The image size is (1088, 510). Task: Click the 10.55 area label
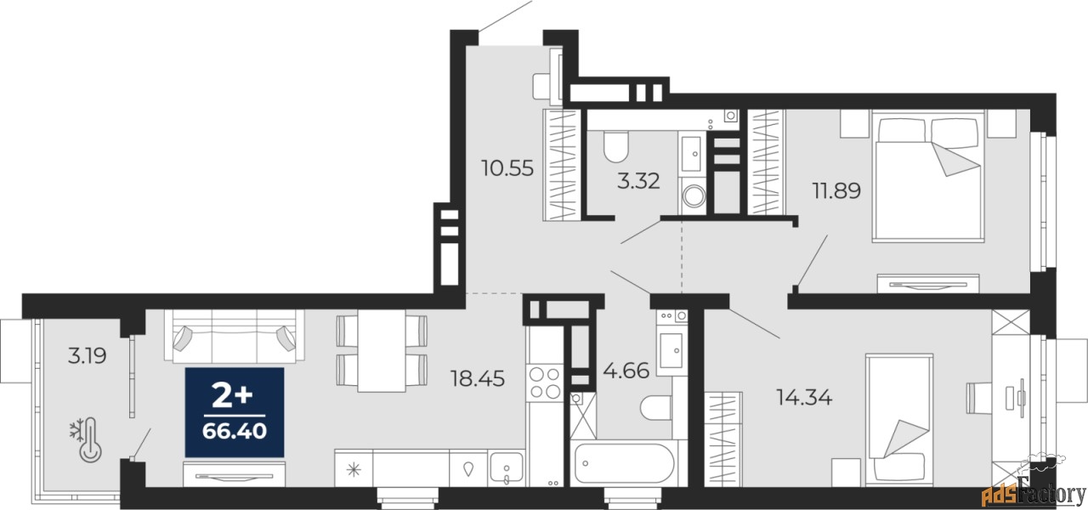point(507,168)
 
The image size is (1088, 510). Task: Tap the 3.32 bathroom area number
point(638,181)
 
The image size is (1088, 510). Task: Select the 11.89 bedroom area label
point(837,190)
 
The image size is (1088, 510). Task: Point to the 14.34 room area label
point(804,398)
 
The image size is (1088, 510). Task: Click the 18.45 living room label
point(478,378)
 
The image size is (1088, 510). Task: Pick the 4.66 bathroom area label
point(626,371)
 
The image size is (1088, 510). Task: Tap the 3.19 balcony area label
point(87,356)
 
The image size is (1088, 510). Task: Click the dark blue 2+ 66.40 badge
point(235,412)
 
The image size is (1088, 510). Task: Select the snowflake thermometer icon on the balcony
point(86,439)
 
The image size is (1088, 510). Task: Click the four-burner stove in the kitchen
point(545,382)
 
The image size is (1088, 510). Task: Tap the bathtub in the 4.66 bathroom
point(624,463)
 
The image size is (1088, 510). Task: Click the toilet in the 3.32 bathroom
point(616,147)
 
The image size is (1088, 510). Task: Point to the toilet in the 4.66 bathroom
point(655,408)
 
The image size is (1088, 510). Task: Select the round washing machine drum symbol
point(694,196)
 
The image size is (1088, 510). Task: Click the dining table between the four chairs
point(382,351)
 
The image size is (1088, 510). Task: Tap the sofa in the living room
point(234,336)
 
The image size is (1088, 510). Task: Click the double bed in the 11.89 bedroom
point(928,176)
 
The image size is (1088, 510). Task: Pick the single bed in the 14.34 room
point(899,420)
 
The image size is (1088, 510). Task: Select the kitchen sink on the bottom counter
point(507,468)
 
